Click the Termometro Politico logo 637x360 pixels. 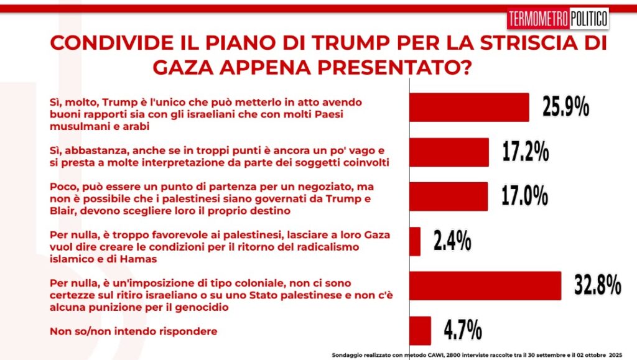tap(558, 19)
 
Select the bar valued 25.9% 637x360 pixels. tap(469, 108)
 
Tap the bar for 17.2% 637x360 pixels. tap(449, 152)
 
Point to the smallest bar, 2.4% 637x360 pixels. tap(414, 241)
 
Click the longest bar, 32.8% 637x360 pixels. tap(485, 286)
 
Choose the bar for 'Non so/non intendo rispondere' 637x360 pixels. tap(420, 330)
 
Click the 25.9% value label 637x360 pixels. tap(565, 108)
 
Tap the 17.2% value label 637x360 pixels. tap(525, 152)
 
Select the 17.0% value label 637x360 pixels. tap(524, 196)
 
